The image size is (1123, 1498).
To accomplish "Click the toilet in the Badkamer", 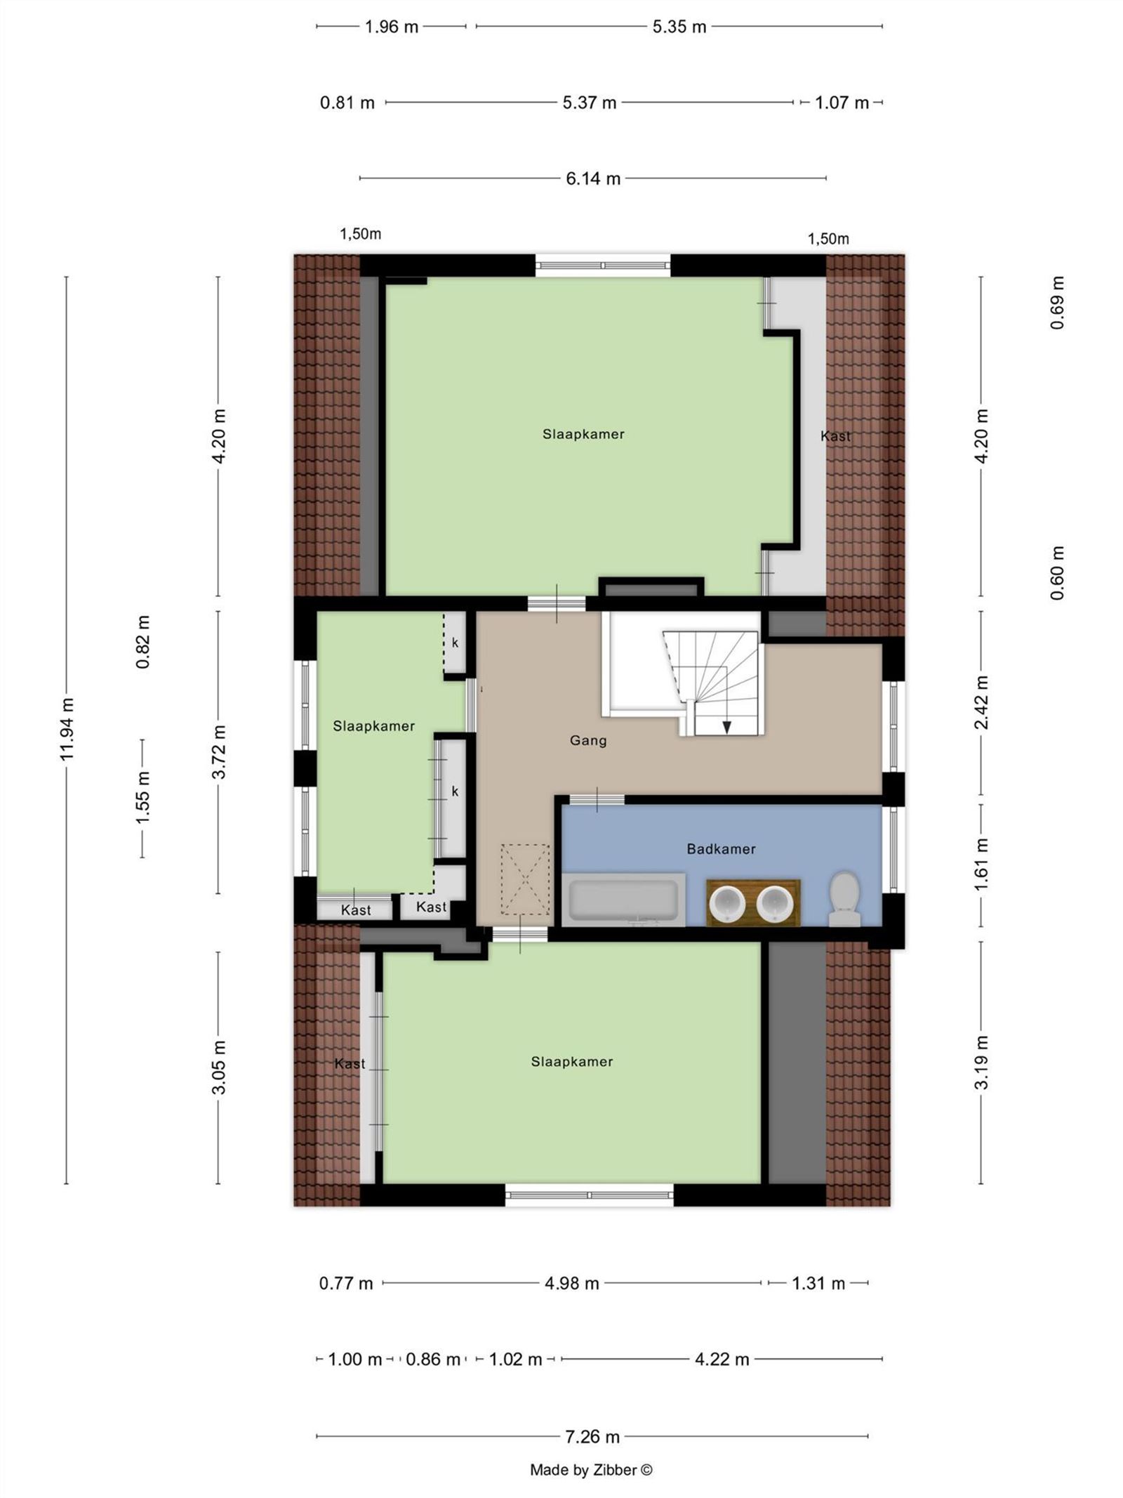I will (844, 900).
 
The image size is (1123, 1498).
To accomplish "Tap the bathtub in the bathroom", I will (623, 900).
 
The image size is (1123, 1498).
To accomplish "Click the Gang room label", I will (587, 740).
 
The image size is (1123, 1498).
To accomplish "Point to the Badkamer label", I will (721, 849).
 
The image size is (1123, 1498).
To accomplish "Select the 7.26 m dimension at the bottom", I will (592, 1437).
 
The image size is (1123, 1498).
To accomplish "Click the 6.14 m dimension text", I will (593, 178).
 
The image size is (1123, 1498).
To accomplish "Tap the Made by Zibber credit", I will (591, 1470).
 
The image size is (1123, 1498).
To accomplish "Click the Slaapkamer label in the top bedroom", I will (583, 434).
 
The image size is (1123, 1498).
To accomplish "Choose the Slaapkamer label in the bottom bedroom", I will (571, 1062).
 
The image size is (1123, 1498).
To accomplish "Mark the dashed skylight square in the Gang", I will (524, 879).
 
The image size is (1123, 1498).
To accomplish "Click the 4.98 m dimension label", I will (571, 1284).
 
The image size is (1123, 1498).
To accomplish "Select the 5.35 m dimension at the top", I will (679, 27).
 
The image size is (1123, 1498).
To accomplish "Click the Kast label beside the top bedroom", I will (835, 436).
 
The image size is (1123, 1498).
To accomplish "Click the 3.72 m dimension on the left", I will (218, 752).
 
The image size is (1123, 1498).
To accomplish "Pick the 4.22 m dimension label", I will (722, 1360).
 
